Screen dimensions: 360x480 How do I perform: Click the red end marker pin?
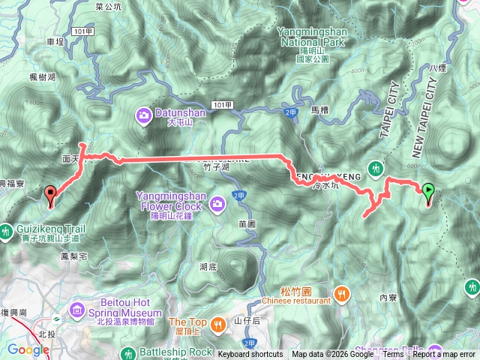(x=51, y=196)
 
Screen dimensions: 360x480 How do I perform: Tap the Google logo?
(x=28, y=349)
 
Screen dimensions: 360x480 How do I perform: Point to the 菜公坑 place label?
(x=109, y=6)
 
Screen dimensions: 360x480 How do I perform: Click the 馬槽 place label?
(x=319, y=109)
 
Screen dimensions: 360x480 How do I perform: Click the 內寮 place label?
(x=388, y=297)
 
